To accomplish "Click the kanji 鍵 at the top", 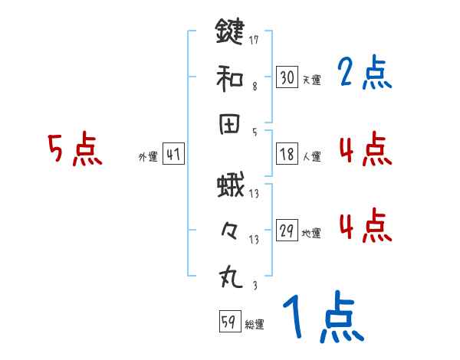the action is click(229, 32).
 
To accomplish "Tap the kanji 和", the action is click(229, 77).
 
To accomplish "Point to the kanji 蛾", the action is click(229, 186).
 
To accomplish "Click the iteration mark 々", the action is click(229, 231).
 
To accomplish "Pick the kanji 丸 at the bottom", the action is click(229, 277).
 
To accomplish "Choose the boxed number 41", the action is click(173, 154).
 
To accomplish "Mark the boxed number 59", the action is click(228, 322).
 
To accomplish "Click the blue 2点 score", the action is click(365, 74).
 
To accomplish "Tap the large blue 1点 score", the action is click(322, 318).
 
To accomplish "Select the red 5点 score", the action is click(74, 149).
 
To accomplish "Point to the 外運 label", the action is click(148, 156).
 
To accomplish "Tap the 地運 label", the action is click(311, 233).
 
